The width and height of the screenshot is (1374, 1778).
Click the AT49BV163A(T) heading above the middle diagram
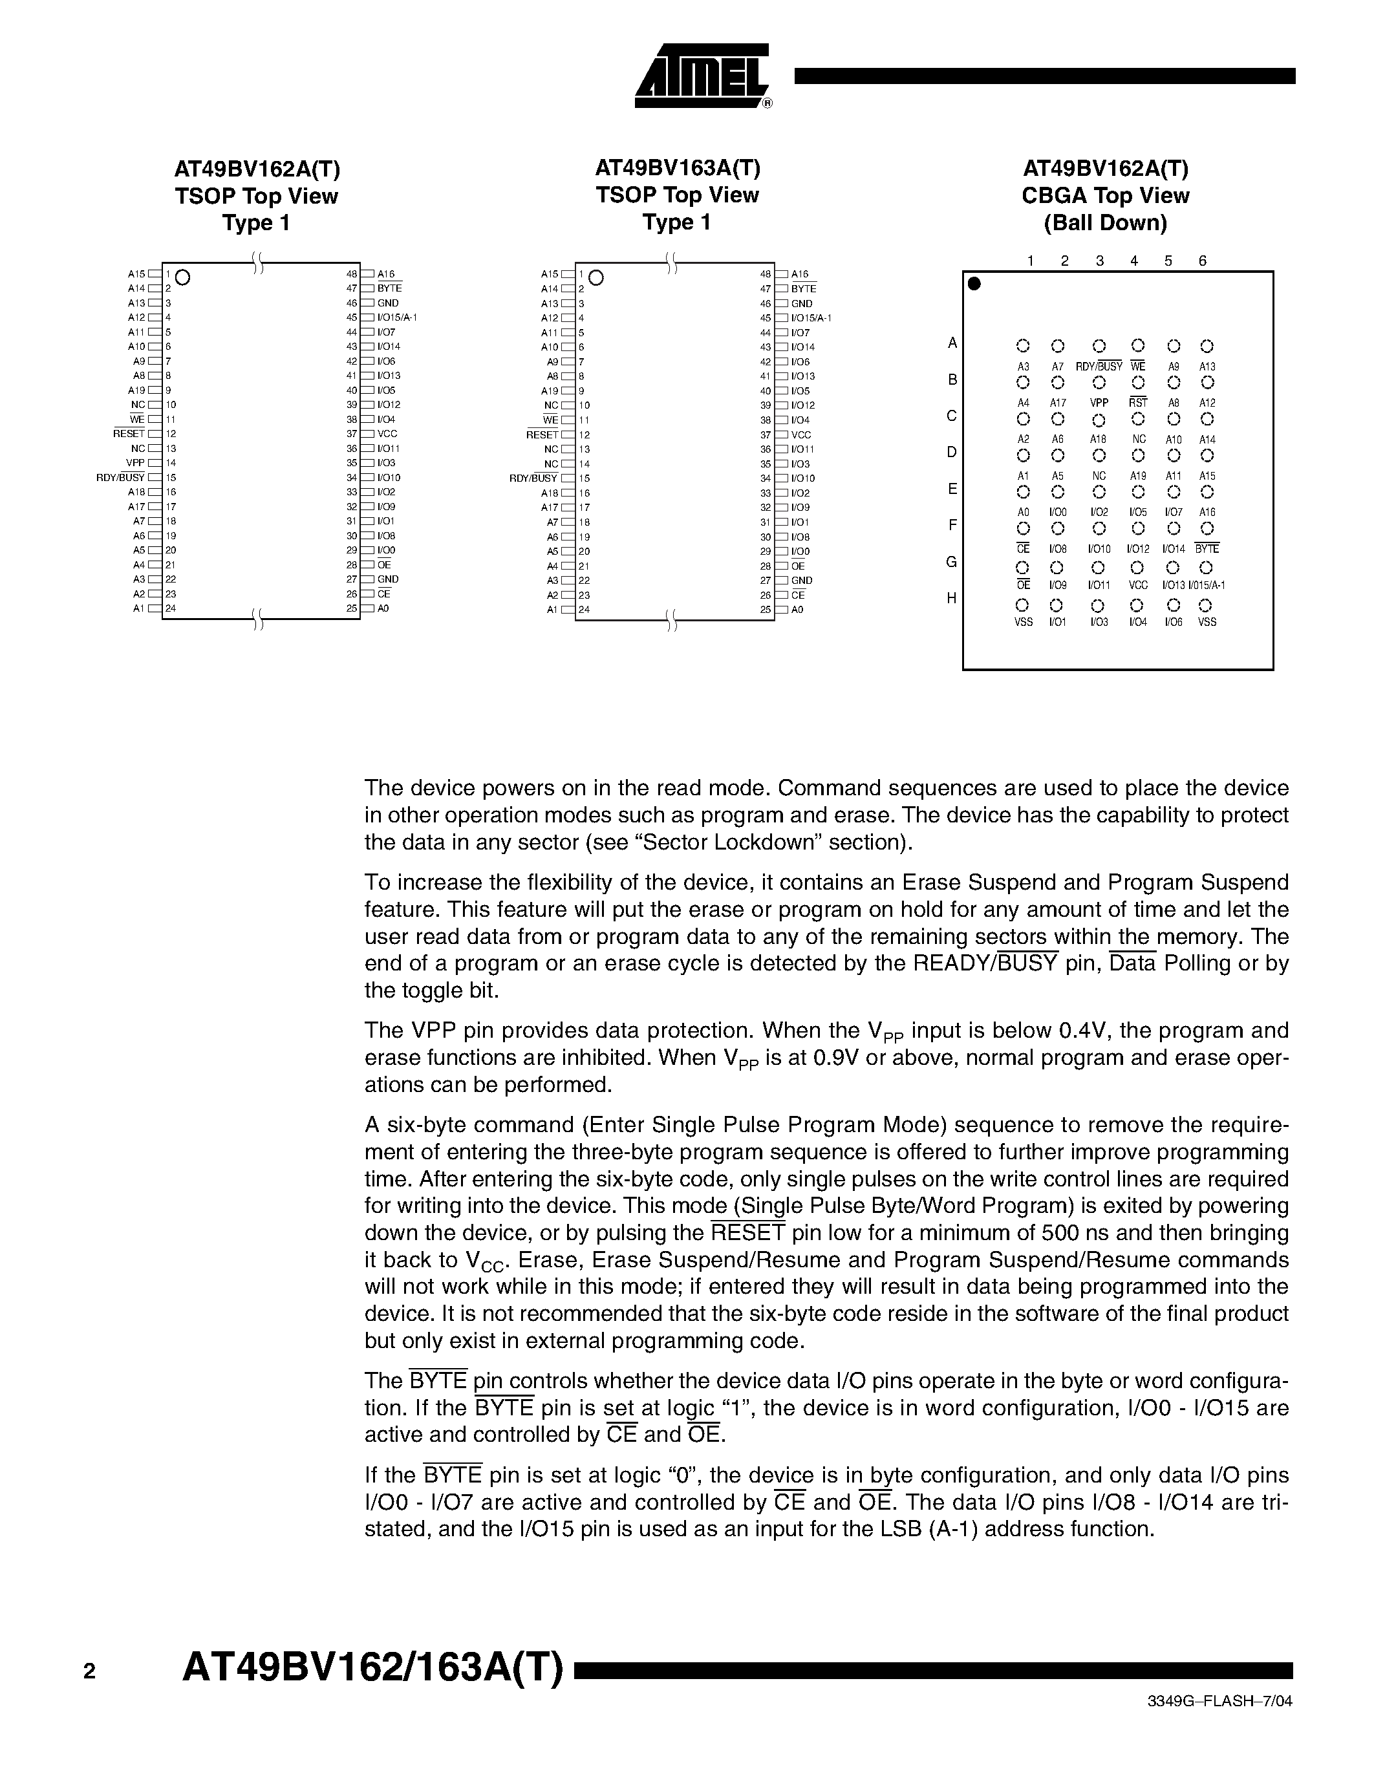(676, 167)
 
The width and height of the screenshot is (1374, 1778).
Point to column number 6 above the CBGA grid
(1202, 261)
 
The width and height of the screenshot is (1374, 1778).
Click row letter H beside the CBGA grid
(950, 598)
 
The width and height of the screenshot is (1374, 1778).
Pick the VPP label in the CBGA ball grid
(1099, 403)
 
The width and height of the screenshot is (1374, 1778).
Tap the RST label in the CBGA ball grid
(1138, 403)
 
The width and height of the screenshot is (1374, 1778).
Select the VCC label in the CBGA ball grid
(1138, 585)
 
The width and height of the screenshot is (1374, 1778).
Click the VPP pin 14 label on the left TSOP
(135, 463)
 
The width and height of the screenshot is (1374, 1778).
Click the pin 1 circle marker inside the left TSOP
(183, 277)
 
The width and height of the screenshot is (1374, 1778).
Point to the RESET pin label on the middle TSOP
(542, 434)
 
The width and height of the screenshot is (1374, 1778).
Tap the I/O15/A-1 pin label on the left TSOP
(397, 317)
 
